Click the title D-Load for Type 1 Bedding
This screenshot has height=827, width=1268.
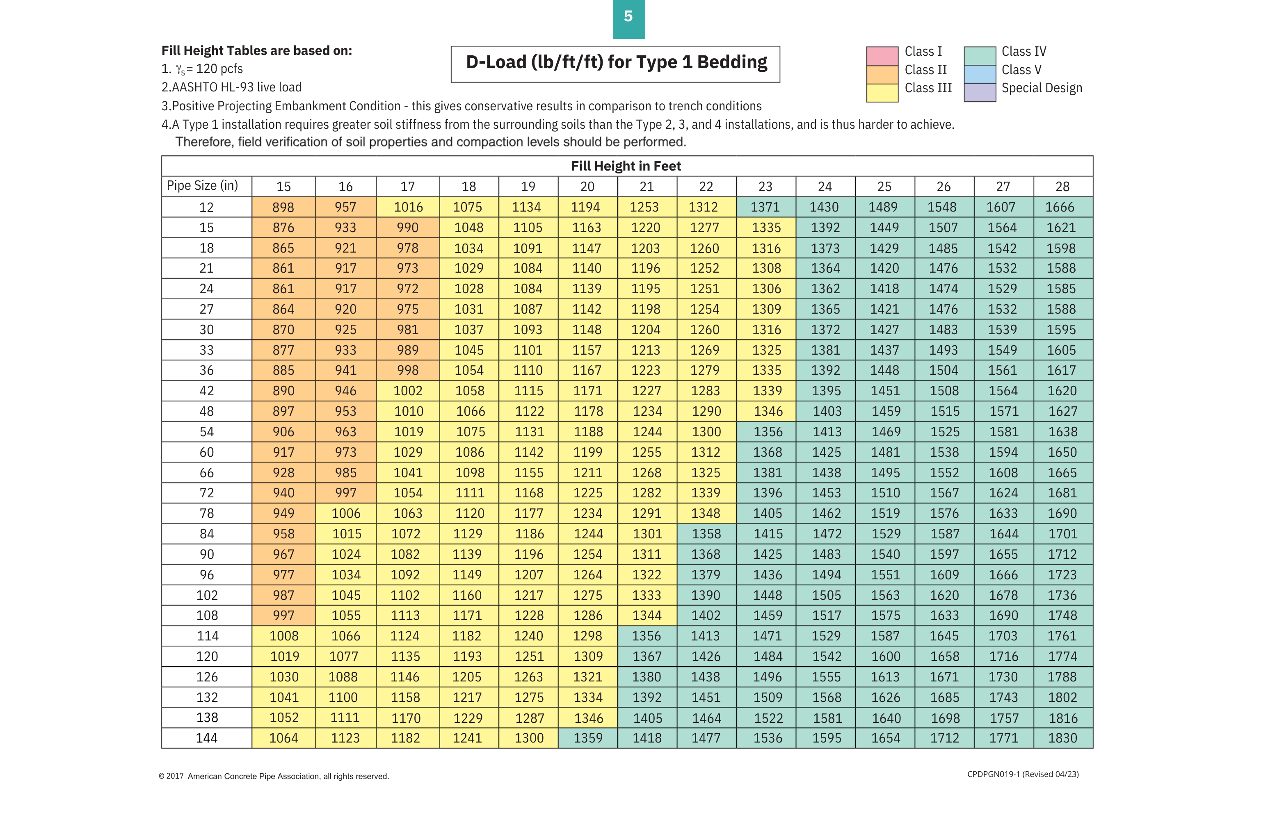[615, 64]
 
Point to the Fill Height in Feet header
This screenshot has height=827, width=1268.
[626, 166]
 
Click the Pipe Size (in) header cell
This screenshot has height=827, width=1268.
[203, 186]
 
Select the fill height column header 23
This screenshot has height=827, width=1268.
[765, 187]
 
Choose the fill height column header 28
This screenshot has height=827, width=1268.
[1062, 187]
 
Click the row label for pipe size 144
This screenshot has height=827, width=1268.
[207, 738]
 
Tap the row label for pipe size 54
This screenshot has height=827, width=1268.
[207, 432]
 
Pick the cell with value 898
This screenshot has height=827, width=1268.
[283, 207]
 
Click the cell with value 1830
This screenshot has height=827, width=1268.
[1062, 738]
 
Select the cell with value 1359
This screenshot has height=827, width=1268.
[588, 738]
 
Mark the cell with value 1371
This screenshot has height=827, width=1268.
[765, 207]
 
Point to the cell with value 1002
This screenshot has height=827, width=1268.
[408, 391]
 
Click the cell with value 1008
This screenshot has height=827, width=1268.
[283, 636]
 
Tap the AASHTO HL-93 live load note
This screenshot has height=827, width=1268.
[231, 87]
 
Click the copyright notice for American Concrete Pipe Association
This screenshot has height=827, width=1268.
[274, 777]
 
